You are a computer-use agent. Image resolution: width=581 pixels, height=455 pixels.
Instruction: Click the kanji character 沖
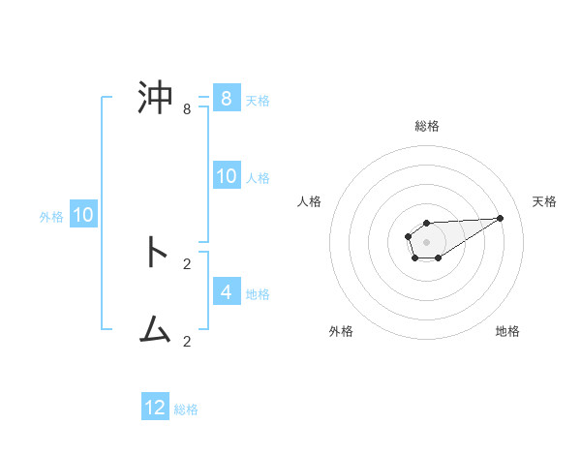[155, 99]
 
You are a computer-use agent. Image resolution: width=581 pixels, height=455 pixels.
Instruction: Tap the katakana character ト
[155, 254]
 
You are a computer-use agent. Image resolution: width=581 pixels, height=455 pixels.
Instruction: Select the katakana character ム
[155, 331]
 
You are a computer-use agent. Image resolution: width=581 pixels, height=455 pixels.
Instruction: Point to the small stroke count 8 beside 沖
[187, 109]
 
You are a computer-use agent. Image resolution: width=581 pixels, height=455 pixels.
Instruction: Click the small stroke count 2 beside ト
[187, 263]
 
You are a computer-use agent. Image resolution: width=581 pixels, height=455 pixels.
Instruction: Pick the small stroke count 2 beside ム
[187, 341]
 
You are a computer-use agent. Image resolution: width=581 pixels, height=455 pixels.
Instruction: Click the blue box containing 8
[226, 98]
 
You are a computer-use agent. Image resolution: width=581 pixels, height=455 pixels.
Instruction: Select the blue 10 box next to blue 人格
[226, 175]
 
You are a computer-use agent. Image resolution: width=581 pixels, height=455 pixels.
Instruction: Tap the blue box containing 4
[226, 290]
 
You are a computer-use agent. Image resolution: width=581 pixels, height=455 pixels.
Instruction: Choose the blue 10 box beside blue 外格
[83, 215]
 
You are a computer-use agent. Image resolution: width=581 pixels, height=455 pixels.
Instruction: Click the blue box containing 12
[155, 408]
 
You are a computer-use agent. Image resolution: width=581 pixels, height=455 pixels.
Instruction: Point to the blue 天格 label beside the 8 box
[258, 100]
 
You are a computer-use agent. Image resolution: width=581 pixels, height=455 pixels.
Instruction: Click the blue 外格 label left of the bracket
[51, 217]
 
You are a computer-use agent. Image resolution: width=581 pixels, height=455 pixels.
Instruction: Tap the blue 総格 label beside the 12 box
[186, 409]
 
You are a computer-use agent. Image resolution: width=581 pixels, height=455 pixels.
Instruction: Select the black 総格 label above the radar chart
[426, 126]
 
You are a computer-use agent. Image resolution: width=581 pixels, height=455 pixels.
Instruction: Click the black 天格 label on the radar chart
[544, 201]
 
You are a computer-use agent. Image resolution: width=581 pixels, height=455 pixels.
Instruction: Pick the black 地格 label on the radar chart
[507, 332]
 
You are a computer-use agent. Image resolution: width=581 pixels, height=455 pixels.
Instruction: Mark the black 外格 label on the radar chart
[341, 332]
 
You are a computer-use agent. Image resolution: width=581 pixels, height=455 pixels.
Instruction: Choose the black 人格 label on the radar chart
[310, 201]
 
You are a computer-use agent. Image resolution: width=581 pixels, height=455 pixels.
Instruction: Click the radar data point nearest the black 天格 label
[501, 217]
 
